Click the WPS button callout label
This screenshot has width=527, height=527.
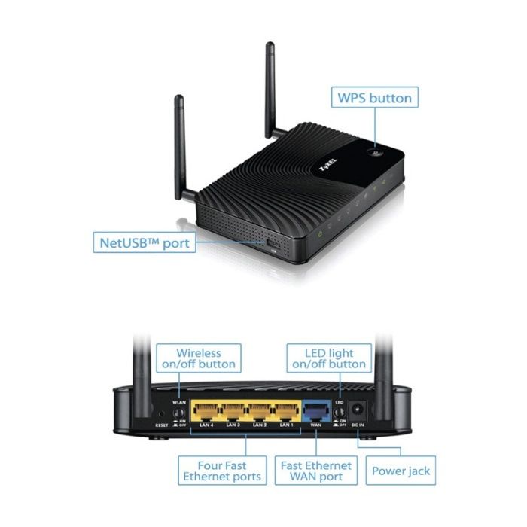pos(375,98)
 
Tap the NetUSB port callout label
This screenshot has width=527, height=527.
pos(145,242)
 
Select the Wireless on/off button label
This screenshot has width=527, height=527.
pos(199,358)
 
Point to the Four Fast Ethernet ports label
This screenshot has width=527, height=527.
pos(222,471)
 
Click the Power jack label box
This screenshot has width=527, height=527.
pos(401,471)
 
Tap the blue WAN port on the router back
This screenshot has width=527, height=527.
pos(316,411)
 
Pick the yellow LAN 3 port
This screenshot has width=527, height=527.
pos(233,411)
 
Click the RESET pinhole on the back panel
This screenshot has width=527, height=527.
pos(161,414)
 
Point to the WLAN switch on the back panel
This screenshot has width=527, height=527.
pos(179,413)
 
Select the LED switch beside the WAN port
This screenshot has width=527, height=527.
pos(340,413)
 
